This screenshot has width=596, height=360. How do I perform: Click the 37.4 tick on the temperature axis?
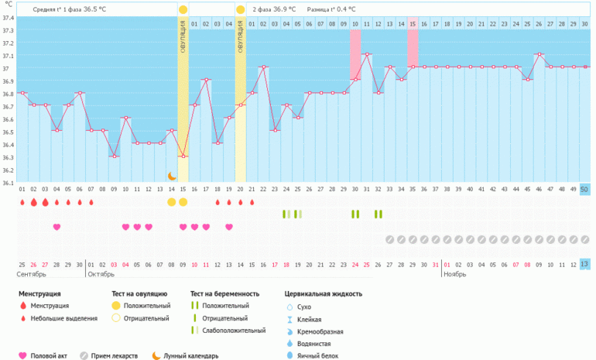(8, 18)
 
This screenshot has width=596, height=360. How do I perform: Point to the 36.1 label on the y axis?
(8, 183)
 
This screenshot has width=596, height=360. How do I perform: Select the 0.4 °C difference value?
(344, 9)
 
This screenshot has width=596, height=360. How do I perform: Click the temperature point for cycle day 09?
(114, 156)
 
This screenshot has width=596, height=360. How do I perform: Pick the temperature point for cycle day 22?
(264, 67)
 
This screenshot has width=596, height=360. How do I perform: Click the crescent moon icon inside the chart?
(172, 177)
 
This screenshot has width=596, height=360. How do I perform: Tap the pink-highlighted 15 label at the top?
(413, 24)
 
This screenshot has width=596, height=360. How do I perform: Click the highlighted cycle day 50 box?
(584, 190)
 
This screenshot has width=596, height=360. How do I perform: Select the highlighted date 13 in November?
(584, 265)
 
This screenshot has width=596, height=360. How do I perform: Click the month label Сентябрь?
(31, 275)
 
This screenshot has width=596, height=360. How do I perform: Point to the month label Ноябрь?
(455, 275)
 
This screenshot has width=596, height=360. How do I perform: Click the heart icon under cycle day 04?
(57, 227)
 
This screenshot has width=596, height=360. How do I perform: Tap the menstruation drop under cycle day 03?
(45, 202)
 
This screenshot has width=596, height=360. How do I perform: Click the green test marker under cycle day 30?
(355, 214)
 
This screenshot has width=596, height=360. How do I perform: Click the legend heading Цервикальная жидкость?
(324, 293)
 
